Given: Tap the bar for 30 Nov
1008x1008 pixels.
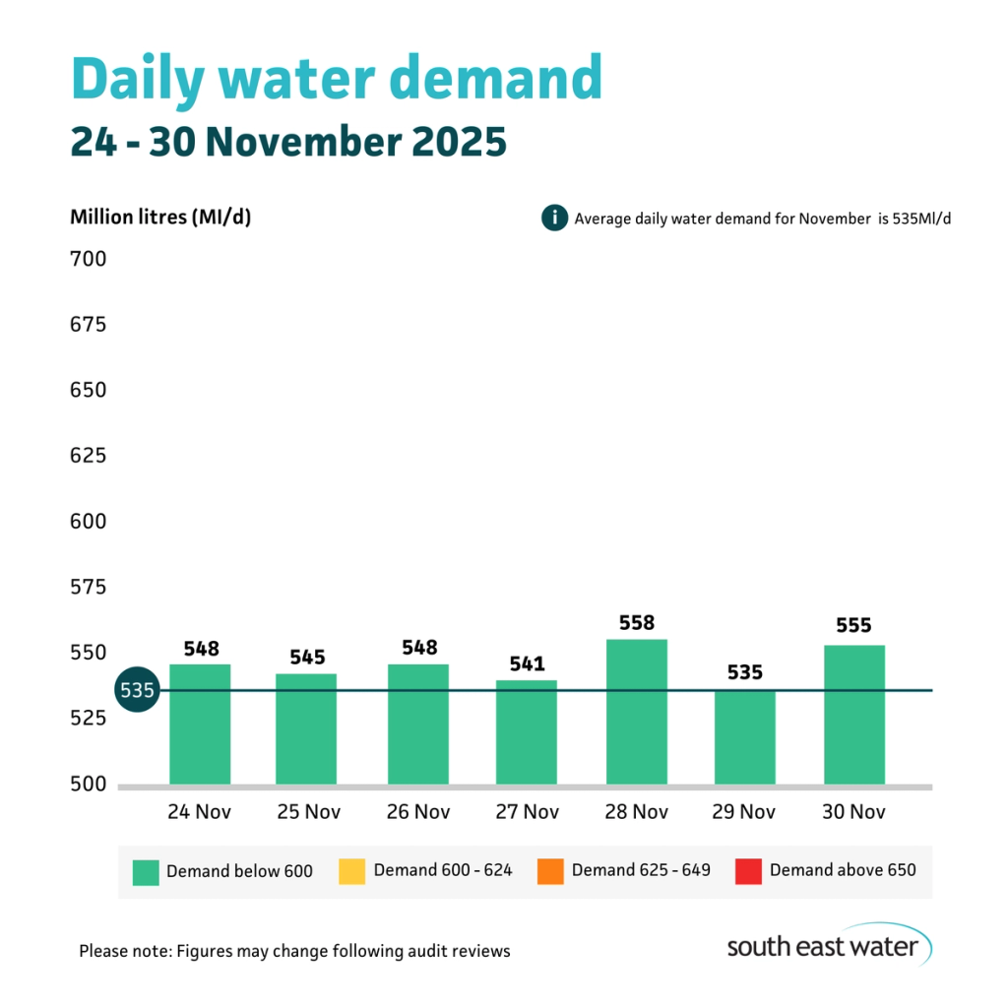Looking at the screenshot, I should pyautogui.click(x=854, y=715).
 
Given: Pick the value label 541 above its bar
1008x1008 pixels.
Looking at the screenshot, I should pyautogui.click(x=527, y=664).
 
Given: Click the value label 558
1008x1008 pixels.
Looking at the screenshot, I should pyautogui.click(x=636, y=623).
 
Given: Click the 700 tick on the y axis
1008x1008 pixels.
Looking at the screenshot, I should pyautogui.click(x=88, y=260).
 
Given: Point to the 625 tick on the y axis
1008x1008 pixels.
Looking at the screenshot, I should pyautogui.click(x=88, y=456).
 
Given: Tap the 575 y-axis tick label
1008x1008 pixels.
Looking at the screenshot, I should pyautogui.click(x=88, y=588).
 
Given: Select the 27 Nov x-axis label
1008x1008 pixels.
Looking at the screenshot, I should pyautogui.click(x=527, y=812).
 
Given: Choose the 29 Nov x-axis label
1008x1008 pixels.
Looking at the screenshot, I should pyautogui.click(x=744, y=812).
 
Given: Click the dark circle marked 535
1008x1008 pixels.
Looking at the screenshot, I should pyautogui.click(x=137, y=690).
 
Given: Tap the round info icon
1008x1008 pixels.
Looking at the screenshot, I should pyautogui.click(x=554, y=218).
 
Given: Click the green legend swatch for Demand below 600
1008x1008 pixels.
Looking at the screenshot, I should pyautogui.click(x=146, y=871).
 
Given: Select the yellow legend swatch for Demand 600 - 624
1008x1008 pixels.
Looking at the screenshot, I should pyautogui.click(x=351, y=871).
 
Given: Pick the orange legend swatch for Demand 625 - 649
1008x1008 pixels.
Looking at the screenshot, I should pyautogui.click(x=550, y=871).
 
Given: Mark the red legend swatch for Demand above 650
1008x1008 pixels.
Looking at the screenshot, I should pyautogui.click(x=748, y=871).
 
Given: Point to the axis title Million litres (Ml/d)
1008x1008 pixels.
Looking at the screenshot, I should pyautogui.click(x=160, y=218).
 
